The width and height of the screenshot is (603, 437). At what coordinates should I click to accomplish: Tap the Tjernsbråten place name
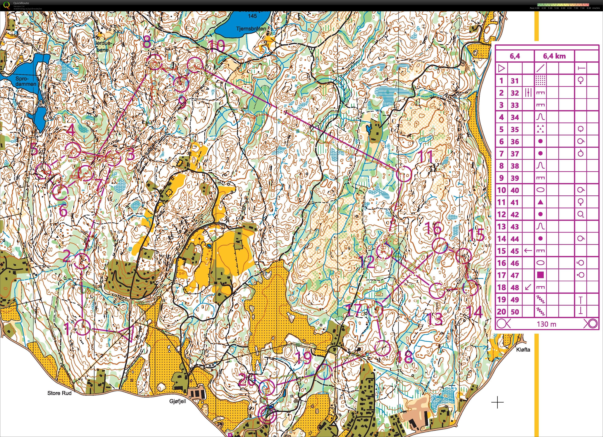pyautogui.click(x=251, y=28)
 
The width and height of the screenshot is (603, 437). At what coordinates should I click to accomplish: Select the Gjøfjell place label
pyautogui.click(x=178, y=401)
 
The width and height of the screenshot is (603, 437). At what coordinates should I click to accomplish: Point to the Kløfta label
pyautogui.click(x=523, y=350)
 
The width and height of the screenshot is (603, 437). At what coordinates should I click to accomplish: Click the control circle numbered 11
pyautogui.click(x=404, y=174)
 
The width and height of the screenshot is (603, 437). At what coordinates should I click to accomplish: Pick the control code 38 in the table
pyautogui.click(x=515, y=166)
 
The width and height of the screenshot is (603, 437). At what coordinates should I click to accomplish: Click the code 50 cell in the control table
pyautogui.click(x=515, y=312)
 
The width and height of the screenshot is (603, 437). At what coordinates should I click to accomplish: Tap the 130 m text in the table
pyautogui.click(x=546, y=324)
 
